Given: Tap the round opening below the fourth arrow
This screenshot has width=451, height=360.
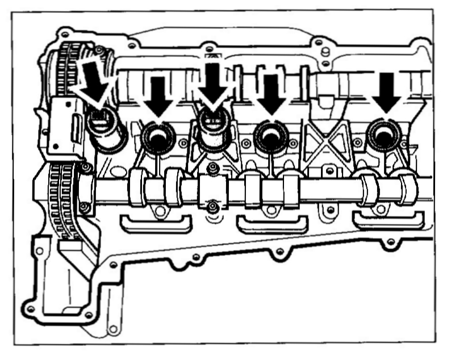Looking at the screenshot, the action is [x=270, y=135].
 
